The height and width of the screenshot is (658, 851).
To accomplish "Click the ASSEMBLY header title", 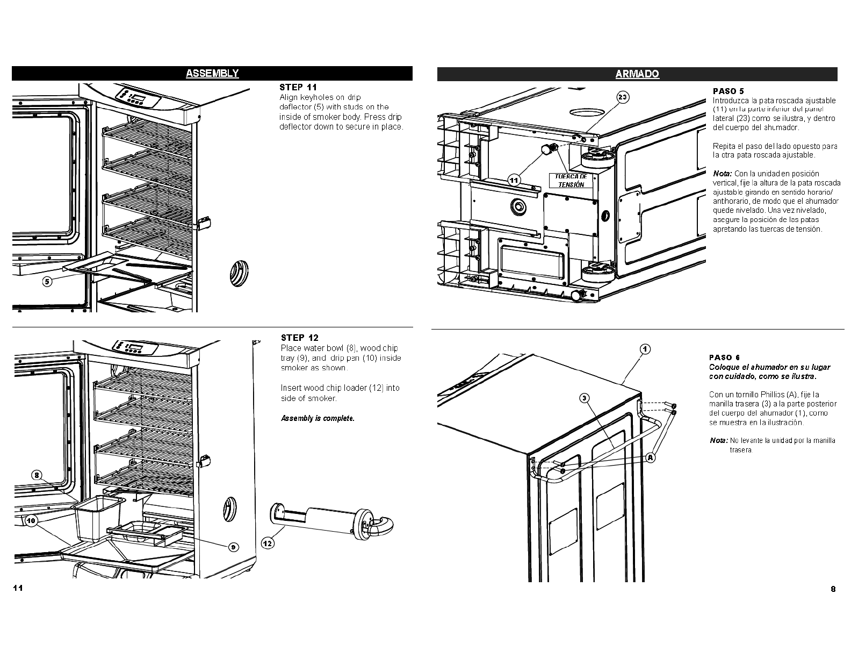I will (x=212, y=74).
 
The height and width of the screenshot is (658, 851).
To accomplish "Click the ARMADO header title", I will (x=637, y=74).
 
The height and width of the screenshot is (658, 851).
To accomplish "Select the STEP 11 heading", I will (x=298, y=87).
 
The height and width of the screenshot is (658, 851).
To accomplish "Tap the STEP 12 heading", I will (x=299, y=338).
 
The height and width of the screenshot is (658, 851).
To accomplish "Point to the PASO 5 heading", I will (x=728, y=91).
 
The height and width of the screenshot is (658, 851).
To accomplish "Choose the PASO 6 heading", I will (x=724, y=357).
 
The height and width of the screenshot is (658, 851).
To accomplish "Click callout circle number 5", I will (x=47, y=281).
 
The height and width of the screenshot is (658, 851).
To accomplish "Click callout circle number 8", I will (x=36, y=475).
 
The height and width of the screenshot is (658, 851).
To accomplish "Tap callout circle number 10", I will (x=31, y=520).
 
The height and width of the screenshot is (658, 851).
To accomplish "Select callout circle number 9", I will (x=233, y=547).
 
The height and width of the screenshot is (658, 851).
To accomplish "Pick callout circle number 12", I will (x=268, y=543).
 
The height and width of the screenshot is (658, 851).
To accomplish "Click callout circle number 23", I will (x=622, y=97).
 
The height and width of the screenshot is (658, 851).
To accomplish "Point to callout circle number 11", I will (x=514, y=180).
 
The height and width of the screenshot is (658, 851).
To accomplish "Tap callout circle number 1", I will (x=645, y=349).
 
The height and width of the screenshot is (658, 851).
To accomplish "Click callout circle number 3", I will (x=585, y=398).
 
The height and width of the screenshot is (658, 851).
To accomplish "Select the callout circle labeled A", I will (x=650, y=458).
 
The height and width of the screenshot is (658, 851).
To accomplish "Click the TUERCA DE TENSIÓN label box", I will (x=571, y=181).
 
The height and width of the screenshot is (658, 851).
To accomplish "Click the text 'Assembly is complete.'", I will (x=318, y=418).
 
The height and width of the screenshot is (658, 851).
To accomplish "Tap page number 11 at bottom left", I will (x=18, y=588).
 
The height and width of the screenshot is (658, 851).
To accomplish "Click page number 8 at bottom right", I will (x=833, y=589).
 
